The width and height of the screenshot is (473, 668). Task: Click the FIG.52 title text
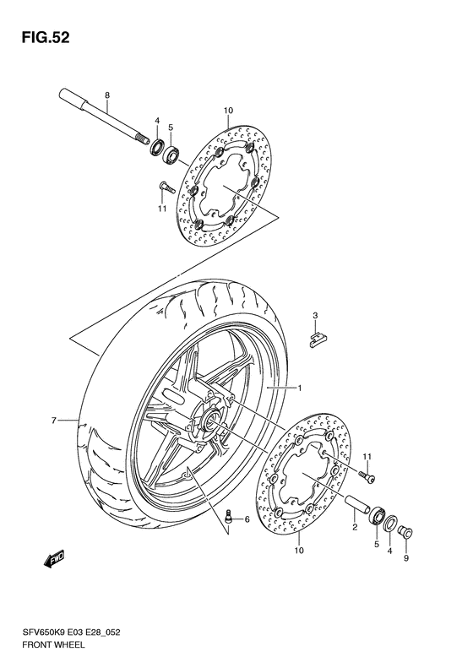coord(40,38)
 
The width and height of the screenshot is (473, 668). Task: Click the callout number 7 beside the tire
coord(52,420)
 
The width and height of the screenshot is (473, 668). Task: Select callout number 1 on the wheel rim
coord(297,388)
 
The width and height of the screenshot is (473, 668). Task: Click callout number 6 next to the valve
coord(247,520)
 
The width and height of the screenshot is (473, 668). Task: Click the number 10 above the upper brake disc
coord(228,111)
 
